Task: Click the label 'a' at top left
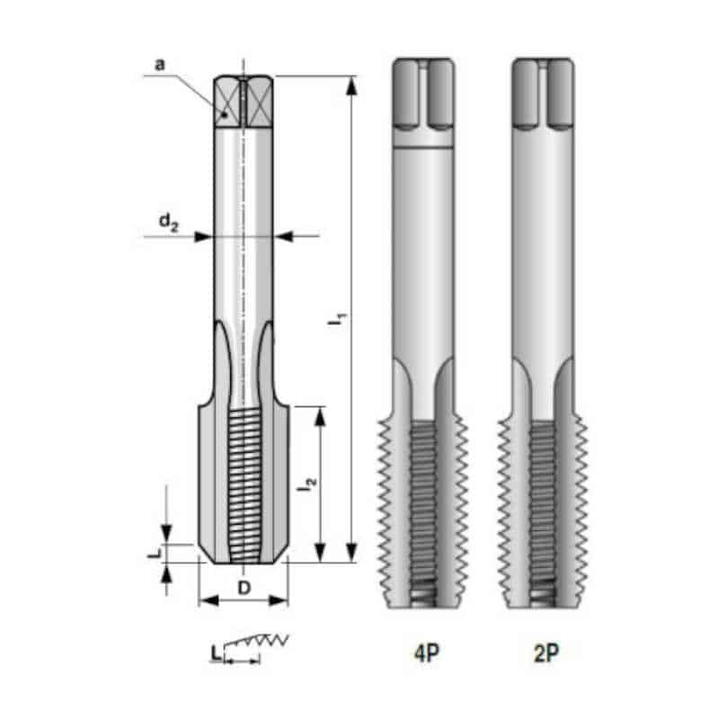tap(159, 65)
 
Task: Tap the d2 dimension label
tap(169, 222)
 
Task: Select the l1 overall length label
tap(338, 319)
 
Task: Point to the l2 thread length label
tap(306, 484)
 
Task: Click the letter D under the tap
tap(244, 588)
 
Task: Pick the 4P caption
tap(426, 652)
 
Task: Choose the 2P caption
tap(546, 652)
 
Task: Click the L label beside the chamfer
tap(155, 553)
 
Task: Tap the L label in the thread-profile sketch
tap(216, 653)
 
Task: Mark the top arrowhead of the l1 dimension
tap(351, 85)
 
